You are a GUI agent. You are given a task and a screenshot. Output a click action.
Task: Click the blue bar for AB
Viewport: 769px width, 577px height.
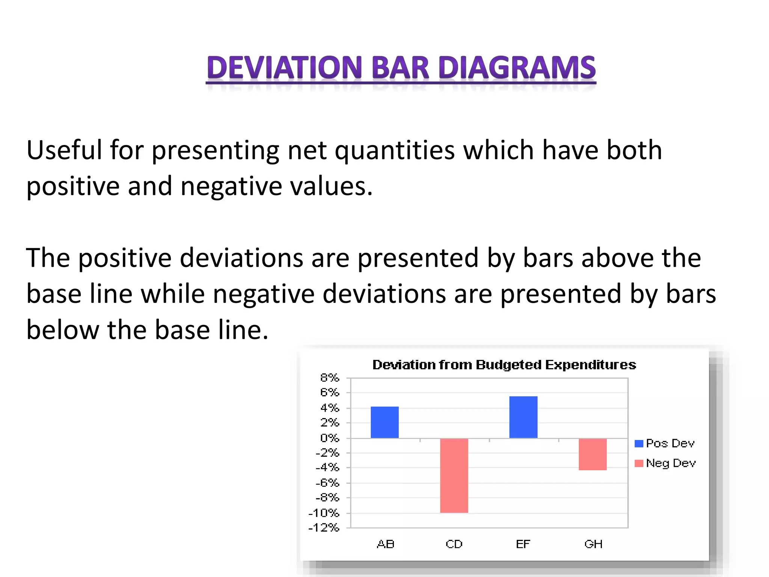pos(384,422)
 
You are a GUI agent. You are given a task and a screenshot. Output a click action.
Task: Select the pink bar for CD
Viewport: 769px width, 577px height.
pos(454,475)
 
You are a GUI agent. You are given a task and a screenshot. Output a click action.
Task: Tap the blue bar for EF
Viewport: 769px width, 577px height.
pos(523,417)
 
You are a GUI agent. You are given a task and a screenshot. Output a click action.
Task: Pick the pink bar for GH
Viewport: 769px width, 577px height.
pos(593,454)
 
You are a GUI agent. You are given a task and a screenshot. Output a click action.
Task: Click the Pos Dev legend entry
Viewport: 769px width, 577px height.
pos(665,443)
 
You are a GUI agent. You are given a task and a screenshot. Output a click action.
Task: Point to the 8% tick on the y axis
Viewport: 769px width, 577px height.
pos(329,378)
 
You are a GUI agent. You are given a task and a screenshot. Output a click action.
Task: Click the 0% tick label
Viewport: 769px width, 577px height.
pos(329,438)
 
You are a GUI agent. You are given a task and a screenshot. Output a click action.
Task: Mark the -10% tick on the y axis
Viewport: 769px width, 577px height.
pos(324,513)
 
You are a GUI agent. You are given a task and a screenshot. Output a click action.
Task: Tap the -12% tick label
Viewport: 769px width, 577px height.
pos(324,528)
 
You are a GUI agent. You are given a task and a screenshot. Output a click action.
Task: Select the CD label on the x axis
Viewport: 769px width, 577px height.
pos(454,544)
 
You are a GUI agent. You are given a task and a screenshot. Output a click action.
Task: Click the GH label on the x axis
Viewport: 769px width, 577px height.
pos(593,544)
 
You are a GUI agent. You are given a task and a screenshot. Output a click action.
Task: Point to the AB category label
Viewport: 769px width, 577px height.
pos(385,544)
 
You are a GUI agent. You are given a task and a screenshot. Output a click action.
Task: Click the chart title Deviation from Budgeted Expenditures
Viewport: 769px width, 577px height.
pos(504,365)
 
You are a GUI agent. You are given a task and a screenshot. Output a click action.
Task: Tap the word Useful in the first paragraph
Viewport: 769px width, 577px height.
pos(64,150)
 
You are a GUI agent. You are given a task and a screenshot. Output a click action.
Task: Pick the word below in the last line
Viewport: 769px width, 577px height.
pos(62,330)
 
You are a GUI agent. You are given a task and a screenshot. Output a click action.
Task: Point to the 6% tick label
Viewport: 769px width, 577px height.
pos(329,393)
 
